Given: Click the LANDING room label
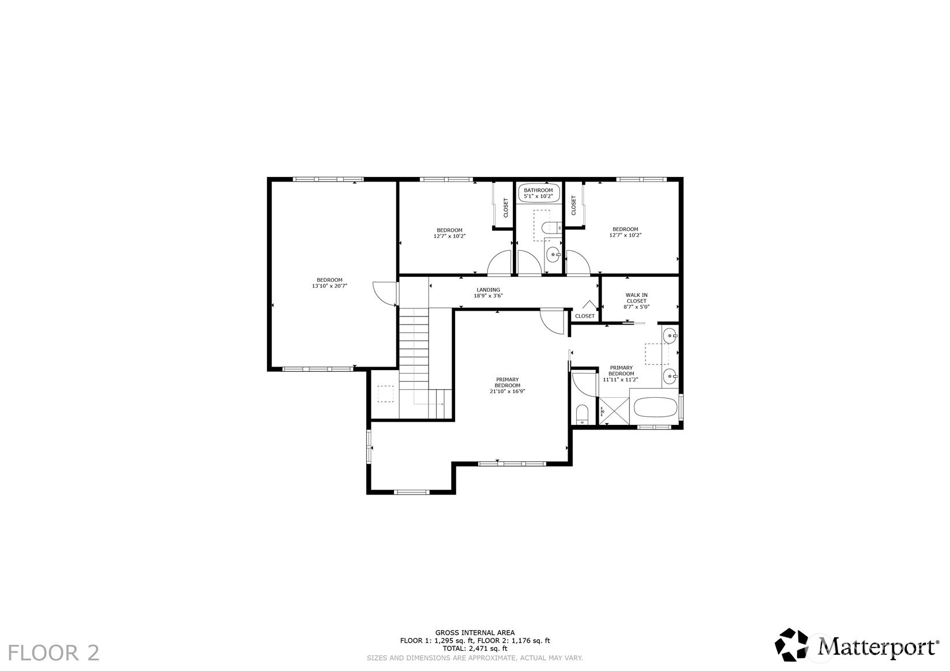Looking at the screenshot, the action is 488,290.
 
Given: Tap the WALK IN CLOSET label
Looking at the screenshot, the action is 637,298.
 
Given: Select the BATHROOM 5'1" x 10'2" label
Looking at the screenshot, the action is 538,193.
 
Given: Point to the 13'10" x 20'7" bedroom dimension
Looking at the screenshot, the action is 329,286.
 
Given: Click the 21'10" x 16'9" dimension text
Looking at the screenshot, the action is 507,391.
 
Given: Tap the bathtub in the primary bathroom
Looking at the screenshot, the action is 655,408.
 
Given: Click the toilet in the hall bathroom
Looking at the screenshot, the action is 552,228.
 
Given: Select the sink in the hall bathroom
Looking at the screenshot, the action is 553,255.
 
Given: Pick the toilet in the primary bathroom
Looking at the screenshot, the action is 583,414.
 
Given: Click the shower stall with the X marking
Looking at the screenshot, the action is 613,411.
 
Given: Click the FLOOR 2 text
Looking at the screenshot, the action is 54,653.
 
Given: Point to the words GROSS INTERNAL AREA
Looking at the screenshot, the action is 475,633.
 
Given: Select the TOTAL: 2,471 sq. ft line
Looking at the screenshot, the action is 475,648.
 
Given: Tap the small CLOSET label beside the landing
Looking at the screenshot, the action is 585,316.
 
